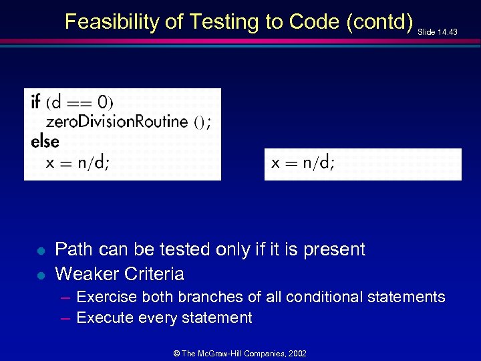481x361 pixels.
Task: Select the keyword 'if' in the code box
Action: click(36, 102)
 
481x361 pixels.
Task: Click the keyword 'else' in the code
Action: click(45, 142)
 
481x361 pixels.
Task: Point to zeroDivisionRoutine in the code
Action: click(117, 122)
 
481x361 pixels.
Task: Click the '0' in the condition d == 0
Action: click(102, 102)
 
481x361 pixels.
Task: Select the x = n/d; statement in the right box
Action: click(303, 162)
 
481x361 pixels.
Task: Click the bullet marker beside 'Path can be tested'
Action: click(40, 251)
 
